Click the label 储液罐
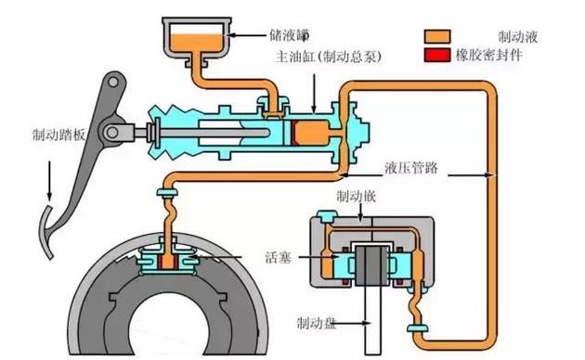pyautogui.click(x=289, y=35)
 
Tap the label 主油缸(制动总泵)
pyautogui.click(x=329, y=57)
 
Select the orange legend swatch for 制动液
pyautogui.click(x=436, y=37)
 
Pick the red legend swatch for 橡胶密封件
pyautogui.click(x=436, y=55)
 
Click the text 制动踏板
pyautogui.click(x=58, y=135)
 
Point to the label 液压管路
pyautogui.click(x=411, y=168)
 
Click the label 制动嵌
pyautogui.click(x=356, y=197)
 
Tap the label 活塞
pyautogui.click(x=278, y=257)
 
